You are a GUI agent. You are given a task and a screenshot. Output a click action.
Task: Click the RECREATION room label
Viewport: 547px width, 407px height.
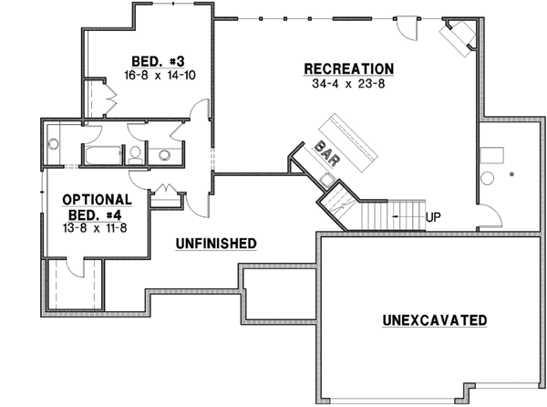click(349, 69)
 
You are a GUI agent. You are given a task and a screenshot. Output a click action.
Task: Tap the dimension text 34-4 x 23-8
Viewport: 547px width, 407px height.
click(349, 84)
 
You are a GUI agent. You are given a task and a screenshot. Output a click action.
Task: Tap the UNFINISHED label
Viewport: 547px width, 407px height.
click(216, 243)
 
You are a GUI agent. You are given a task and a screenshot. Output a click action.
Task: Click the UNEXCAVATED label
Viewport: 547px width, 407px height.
click(434, 320)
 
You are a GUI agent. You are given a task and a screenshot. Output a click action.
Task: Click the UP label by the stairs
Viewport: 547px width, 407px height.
click(433, 217)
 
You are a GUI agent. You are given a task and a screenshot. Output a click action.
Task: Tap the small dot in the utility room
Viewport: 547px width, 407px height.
click(513, 172)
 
